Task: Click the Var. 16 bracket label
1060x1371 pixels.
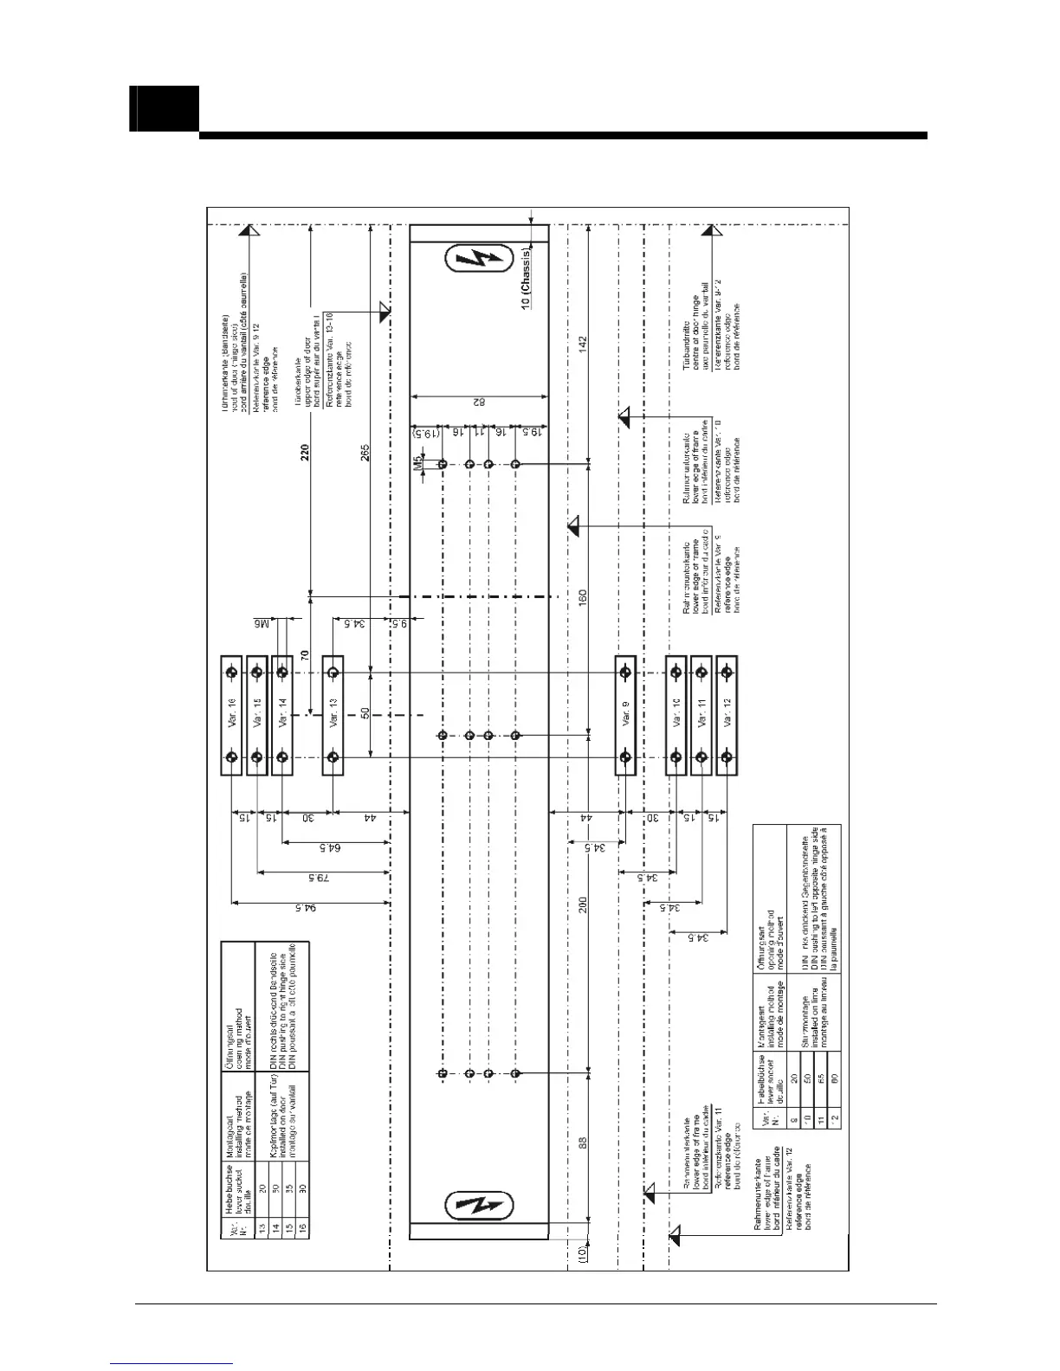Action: click(231, 715)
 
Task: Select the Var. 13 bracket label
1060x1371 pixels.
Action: click(333, 715)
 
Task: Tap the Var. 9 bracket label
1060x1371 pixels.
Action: click(625, 715)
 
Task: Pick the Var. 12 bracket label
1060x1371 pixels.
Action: click(727, 715)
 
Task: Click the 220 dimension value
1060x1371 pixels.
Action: click(305, 451)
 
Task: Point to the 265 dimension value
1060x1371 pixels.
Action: click(365, 451)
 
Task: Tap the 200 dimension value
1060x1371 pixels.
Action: click(583, 904)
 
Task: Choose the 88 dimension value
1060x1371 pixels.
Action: click(583, 1142)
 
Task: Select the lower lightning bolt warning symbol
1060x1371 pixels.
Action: click(479, 1206)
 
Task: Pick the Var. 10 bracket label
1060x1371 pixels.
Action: click(675, 715)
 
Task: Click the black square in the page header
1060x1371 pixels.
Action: click(165, 109)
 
